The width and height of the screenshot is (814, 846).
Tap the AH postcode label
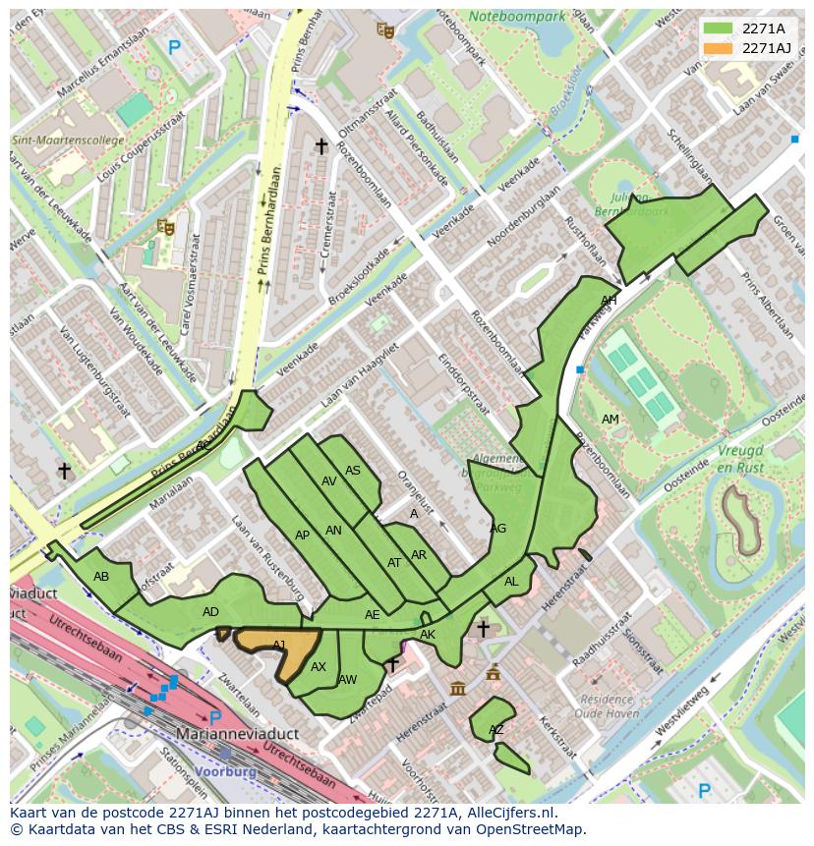click(609, 300)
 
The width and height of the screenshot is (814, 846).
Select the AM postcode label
click(610, 420)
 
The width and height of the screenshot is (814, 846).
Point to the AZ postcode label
click(496, 730)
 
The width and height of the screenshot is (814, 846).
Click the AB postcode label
click(101, 577)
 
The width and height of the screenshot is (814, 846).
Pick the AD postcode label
click(210, 612)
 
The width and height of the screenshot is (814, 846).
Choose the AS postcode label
click(353, 471)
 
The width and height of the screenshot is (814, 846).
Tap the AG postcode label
click(498, 529)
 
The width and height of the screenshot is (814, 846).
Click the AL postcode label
click(511, 582)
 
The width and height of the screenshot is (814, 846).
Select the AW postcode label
click(347, 679)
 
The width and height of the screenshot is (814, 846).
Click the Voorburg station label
click(227, 771)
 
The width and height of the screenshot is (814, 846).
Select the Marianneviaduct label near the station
click(231, 734)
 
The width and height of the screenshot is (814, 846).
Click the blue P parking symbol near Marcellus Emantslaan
click(174, 46)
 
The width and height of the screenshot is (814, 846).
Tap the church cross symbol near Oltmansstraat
click(320, 146)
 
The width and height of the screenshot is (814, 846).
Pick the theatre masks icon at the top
click(385, 30)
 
